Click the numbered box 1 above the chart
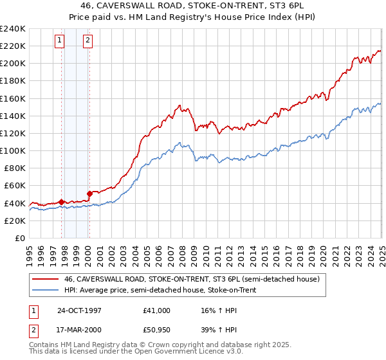59,40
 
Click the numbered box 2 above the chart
87,40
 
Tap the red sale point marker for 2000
89,193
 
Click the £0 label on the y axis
20,238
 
